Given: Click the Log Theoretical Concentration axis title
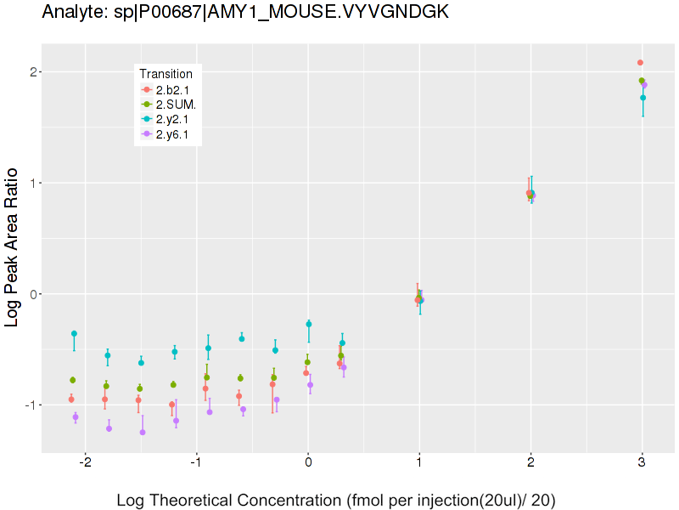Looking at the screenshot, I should coord(336,500).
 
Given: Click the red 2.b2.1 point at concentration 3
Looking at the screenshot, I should coord(640,63).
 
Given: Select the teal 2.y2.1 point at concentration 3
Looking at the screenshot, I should coord(643,98).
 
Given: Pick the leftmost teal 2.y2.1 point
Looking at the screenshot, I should coord(74,333).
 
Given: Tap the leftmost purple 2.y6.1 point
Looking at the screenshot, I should coord(76,417).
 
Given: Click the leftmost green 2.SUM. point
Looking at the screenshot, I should coord(73,380).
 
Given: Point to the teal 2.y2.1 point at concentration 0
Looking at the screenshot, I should coord(309,324).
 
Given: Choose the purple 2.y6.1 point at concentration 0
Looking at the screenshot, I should coord(310,385).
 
